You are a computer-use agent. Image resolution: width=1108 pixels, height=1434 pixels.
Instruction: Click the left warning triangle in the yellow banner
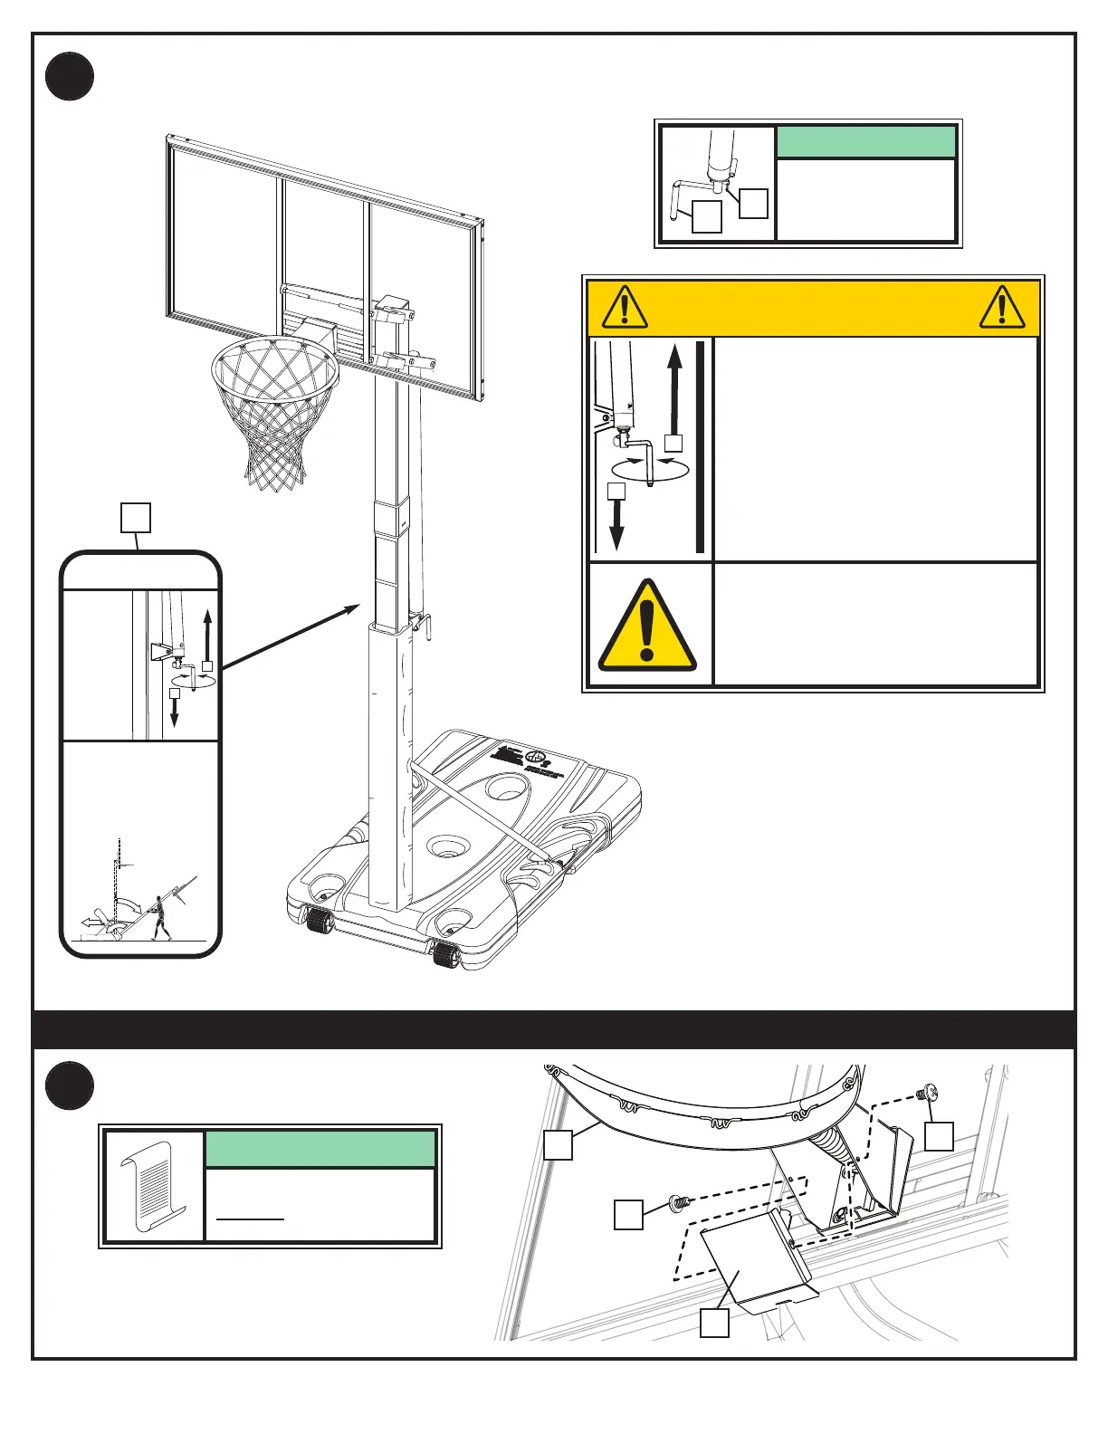624,308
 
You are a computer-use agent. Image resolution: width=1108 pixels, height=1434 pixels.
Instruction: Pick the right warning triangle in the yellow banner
1002,308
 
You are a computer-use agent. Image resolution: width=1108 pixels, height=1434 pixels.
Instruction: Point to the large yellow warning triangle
646,626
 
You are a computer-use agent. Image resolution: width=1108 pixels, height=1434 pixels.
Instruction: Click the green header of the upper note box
866,142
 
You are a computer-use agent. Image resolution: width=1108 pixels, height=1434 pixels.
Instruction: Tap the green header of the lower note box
320,1149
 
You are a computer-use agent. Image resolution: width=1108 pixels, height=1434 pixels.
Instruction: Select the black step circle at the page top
70,76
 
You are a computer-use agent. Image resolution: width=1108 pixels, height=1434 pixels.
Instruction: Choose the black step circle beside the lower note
70,1085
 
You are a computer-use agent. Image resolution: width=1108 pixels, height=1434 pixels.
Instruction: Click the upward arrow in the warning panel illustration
673,389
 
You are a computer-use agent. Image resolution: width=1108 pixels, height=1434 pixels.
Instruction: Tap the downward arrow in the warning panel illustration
616,525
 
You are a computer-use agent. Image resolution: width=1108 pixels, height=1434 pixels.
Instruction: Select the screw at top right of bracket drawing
926,1094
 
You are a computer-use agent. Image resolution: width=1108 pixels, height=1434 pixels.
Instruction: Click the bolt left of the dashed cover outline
676,1202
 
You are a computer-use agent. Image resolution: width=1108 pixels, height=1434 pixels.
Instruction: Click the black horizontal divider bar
554,1029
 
